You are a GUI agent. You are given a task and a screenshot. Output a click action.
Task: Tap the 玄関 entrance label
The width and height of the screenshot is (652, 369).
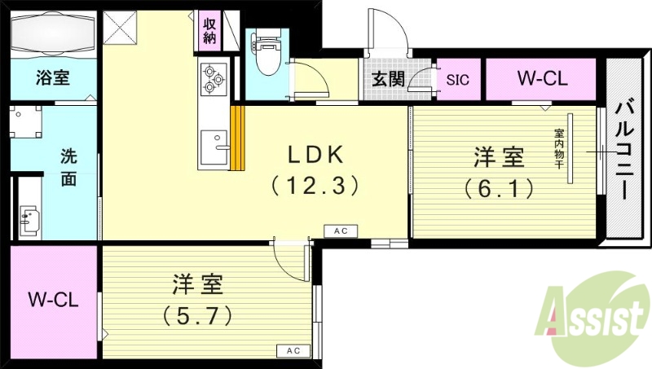click(x=387, y=80)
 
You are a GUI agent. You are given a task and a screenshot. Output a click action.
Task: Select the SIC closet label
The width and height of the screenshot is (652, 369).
click(x=458, y=80)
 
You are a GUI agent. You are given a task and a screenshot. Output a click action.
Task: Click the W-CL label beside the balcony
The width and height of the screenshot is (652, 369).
click(x=543, y=80)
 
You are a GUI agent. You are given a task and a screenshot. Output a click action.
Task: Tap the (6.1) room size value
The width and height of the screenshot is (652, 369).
click(x=500, y=188)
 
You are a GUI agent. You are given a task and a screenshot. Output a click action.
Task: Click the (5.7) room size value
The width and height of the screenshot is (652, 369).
click(x=198, y=314)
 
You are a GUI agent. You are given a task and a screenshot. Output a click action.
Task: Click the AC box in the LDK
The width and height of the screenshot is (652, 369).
click(x=341, y=231)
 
